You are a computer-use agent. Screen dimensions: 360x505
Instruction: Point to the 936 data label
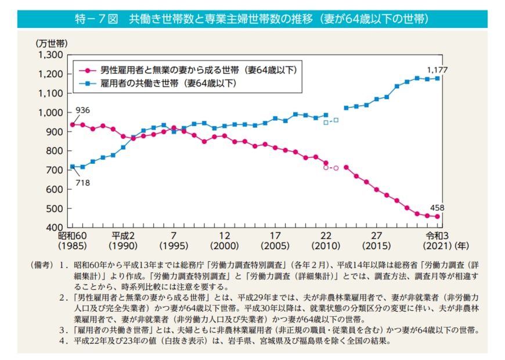point(81,110)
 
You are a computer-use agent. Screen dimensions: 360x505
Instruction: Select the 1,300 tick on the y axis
point(50,55)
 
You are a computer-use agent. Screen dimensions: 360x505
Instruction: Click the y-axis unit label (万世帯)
point(52,44)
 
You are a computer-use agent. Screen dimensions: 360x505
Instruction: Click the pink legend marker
point(87,70)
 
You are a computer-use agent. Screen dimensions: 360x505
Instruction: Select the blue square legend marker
point(87,84)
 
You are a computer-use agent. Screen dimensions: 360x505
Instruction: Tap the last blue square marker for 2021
point(437,78)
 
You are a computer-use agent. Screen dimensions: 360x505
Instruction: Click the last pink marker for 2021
point(437,217)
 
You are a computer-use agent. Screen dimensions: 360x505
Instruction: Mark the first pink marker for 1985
point(73,125)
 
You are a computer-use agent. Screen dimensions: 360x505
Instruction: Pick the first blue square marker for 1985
point(73,167)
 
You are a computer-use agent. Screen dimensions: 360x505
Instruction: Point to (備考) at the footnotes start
point(43,265)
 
